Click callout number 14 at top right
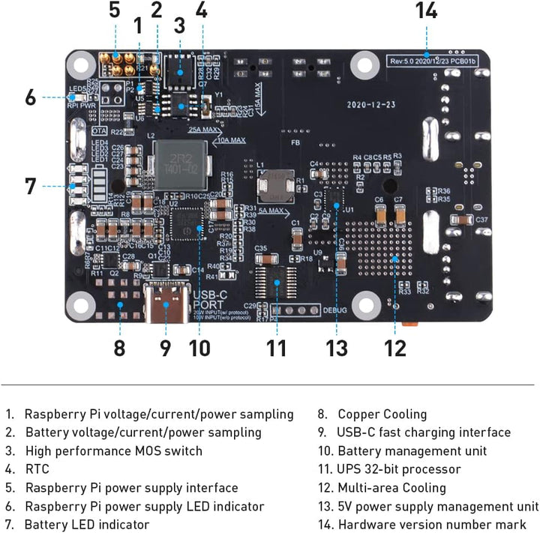coord(426,11)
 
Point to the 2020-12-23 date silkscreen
coord(370,105)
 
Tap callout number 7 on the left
coord(30,185)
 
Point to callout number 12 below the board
coord(395,348)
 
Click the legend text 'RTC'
coord(37,469)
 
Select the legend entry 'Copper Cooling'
coord(382,414)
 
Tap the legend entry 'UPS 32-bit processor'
coord(399,469)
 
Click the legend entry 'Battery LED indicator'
coord(86,525)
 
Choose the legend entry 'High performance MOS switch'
coord(113,451)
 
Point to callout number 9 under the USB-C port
coord(166,348)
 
